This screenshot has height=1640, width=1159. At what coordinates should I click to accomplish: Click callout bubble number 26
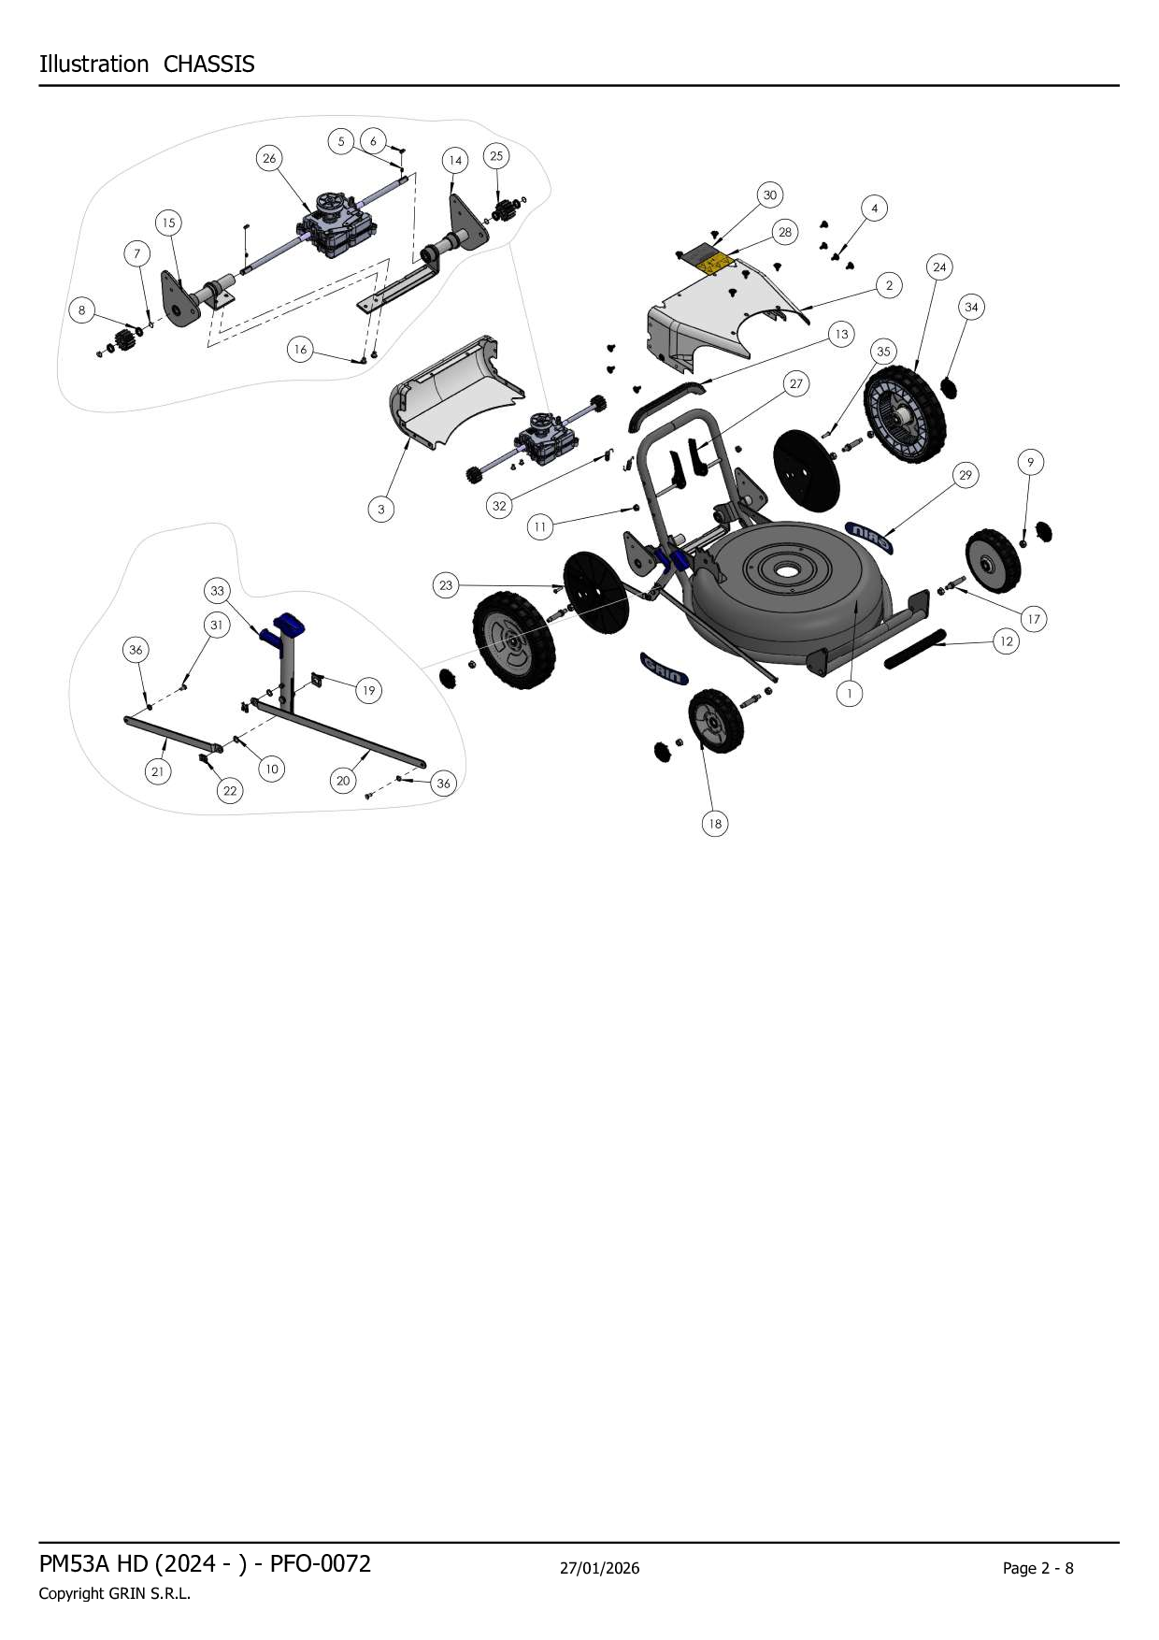point(269,158)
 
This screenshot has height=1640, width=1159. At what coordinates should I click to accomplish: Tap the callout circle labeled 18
point(714,824)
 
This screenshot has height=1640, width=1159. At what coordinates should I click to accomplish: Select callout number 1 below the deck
point(849,694)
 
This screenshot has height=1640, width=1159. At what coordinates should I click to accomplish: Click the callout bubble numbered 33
point(217,591)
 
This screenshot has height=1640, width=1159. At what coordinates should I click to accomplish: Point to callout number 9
point(1030,462)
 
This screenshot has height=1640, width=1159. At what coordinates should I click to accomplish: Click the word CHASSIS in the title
point(208,65)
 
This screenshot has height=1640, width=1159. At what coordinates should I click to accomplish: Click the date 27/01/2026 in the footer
point(599,1568)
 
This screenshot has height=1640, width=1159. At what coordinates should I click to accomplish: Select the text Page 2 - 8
point(1037,1568)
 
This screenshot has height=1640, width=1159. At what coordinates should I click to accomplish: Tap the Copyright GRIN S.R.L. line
point(114,1594)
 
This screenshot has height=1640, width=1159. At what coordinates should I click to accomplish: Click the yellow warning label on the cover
point(717,263)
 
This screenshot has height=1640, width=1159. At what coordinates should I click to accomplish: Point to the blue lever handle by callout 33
point(286,627)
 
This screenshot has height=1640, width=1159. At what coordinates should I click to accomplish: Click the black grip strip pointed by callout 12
point(915,648)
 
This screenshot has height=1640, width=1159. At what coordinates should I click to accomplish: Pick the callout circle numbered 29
point(965,475)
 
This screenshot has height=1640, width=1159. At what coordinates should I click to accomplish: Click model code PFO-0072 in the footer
point(320,1563)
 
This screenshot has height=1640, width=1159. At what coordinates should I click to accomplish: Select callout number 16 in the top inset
point(300,350)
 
